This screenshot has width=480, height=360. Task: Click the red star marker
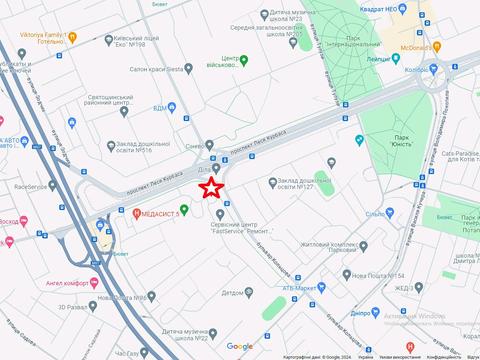coord(212,188)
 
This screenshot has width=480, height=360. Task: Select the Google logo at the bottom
coord(239,346)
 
